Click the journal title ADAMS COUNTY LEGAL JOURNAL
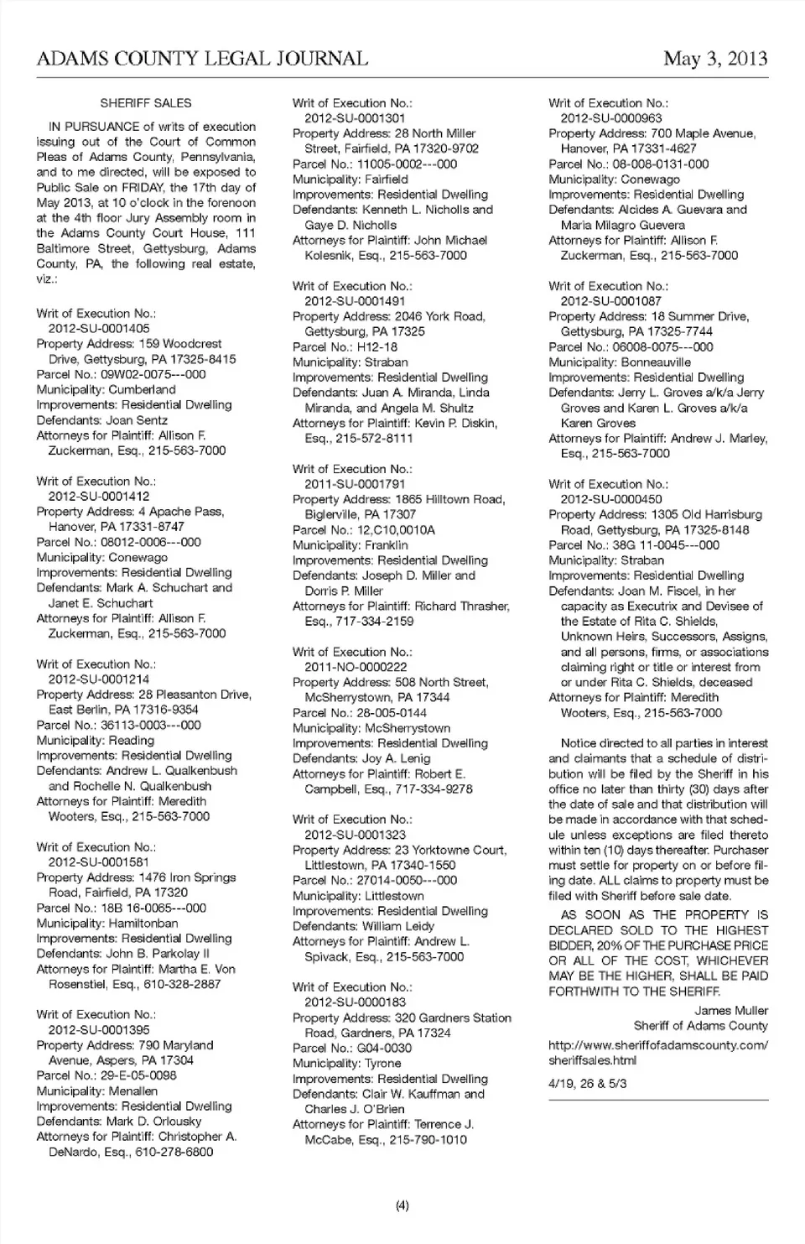(x=202, y=59)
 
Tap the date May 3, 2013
(x=714, y=59)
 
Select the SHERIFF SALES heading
(x=146, y=103)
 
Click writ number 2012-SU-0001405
(x=99, y=329)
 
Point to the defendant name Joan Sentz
(x=137, y=420)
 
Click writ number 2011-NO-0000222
(x=356, y=667)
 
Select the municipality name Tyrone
(x=382, y=1064)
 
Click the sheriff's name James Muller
(x=730, y=1011)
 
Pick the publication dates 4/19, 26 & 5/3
(x=587, y=1083)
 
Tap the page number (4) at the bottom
(x=402, y=1206)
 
